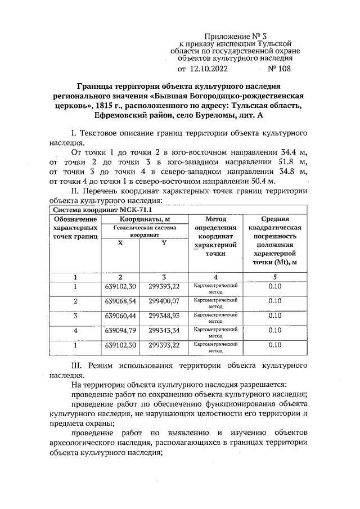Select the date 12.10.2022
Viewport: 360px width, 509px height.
tap(209, 70)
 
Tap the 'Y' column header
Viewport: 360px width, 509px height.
tap(164, 242)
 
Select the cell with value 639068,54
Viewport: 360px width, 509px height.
tap(120, 301)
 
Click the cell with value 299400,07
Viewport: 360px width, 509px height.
tap(164, 301)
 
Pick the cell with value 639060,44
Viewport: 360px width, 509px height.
tap(120, 316)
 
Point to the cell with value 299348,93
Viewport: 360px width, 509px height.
tap(164, 316)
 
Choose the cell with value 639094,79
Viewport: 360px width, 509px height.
tap(120, 330)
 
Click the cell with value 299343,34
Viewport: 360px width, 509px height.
tap(164, 330)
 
